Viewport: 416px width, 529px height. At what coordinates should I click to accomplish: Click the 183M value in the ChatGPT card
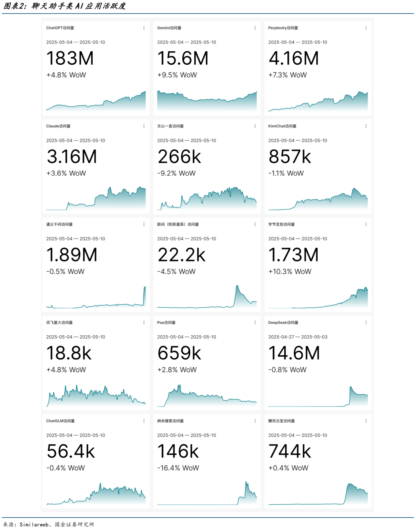tap(70, 59)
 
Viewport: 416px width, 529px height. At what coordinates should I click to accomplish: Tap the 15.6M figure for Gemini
tap(183, 59)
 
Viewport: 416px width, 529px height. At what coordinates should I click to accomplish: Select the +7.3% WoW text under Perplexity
tap(287, 75)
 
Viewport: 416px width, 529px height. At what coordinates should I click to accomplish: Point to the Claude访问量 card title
tap(58, 126)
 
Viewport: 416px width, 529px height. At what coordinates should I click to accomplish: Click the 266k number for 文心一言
tap(179, 157)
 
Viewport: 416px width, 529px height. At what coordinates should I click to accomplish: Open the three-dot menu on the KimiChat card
tap(366, 126)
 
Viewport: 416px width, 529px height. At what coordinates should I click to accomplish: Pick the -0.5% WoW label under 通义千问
tap(65, 272)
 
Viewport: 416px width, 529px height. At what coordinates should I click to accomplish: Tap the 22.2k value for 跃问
tap(182, 255)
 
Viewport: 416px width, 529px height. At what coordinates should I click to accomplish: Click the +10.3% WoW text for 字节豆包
tap(290, 272)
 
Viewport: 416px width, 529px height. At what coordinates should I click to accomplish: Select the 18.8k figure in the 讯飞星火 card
tap(69, 353)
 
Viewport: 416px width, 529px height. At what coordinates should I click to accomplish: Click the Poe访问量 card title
tap(166, 323)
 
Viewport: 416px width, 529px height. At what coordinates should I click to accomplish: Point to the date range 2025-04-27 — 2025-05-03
tap(298, 337)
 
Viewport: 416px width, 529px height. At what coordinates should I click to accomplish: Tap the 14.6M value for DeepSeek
tap(294, 353)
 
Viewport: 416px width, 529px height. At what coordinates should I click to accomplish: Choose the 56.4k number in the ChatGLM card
tap(70, 452)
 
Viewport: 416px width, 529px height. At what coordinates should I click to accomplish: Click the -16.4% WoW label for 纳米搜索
tap(178, 468)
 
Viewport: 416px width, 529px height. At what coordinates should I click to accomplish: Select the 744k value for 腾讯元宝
tap(290, 452)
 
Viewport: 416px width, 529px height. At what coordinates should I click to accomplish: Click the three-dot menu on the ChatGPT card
tap(144, 28)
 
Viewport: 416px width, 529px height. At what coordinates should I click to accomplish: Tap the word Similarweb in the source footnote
tap(34, 524)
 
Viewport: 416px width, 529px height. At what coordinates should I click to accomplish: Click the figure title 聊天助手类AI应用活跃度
tap(79, 6)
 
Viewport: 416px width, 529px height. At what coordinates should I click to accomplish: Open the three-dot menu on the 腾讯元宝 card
tap(366, 421)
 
